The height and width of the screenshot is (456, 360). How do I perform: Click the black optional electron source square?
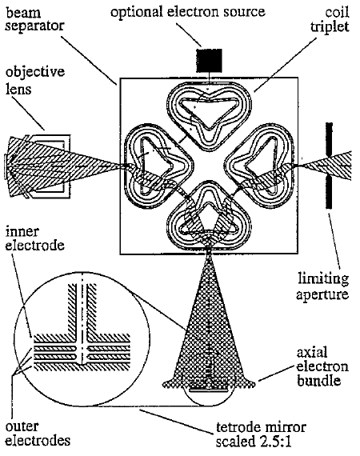[x=209, y=60]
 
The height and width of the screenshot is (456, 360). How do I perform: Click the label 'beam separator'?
[x=34, y=20]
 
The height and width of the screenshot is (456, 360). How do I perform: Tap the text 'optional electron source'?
[x=187, y=12]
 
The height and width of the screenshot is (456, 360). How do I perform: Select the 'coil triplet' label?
[x=330, y=20]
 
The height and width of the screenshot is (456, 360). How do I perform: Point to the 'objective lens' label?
[x=35, y=80]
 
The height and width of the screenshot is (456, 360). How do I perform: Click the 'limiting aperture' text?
[x=322, y=286]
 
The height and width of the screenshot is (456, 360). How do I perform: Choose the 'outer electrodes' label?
[x=38, y=434]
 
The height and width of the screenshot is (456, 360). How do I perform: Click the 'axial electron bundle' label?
[x=322, y=366]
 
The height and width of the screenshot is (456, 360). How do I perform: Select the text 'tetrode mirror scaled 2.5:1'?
[x=261, y=434]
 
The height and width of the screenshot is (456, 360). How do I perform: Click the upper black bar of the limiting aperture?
[x=329, y=140]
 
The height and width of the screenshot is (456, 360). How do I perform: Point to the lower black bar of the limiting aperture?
[x=329, y=191]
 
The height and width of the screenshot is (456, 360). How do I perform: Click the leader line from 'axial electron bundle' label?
[x=276, y=373]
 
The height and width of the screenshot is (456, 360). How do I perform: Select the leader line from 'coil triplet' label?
[x=286, y=65]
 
